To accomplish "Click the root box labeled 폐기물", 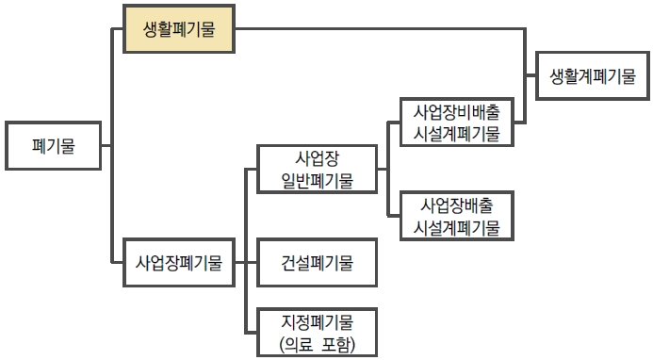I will click(53, 146).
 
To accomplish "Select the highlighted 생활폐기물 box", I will click(179, 29).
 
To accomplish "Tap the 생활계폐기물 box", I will click(593, 76).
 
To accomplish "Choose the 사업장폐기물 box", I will click(179, 263).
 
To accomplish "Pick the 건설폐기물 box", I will click(317, 263).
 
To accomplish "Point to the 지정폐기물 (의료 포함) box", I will click(317, 332).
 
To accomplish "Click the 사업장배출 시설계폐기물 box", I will click(456, 216).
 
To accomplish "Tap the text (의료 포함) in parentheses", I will click(317, 344).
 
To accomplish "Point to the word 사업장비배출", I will click(456, 111).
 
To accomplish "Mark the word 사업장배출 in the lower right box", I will click(456, 205).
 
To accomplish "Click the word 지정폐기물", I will click(317, 320).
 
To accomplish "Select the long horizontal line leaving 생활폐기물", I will click(377, 29).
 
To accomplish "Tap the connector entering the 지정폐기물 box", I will click(251, 332).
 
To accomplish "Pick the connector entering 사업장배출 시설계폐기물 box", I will click(395, 216).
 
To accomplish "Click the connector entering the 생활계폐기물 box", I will click(531, 76).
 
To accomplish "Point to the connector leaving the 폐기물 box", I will click(106, 146).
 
